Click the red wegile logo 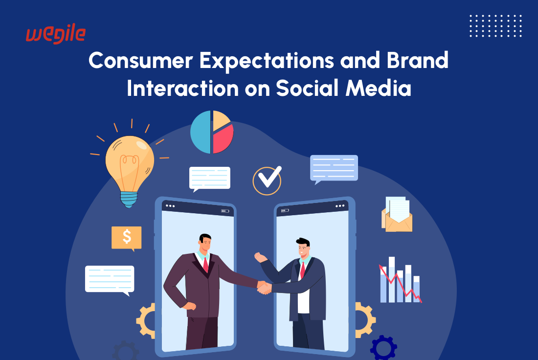[56, 34]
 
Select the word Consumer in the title [141, 60]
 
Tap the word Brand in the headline [418, 60]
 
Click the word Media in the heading [378, 88]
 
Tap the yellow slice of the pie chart [221, 120]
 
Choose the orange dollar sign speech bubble [127, 238]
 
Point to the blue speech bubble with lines [334, 169]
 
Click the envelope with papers [397, 215]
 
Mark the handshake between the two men [264, 288]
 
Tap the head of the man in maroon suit [205, 243]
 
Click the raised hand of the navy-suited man [260, 257]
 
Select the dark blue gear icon [383, 348]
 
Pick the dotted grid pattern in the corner [495, 26]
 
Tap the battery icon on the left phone [225, 211]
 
